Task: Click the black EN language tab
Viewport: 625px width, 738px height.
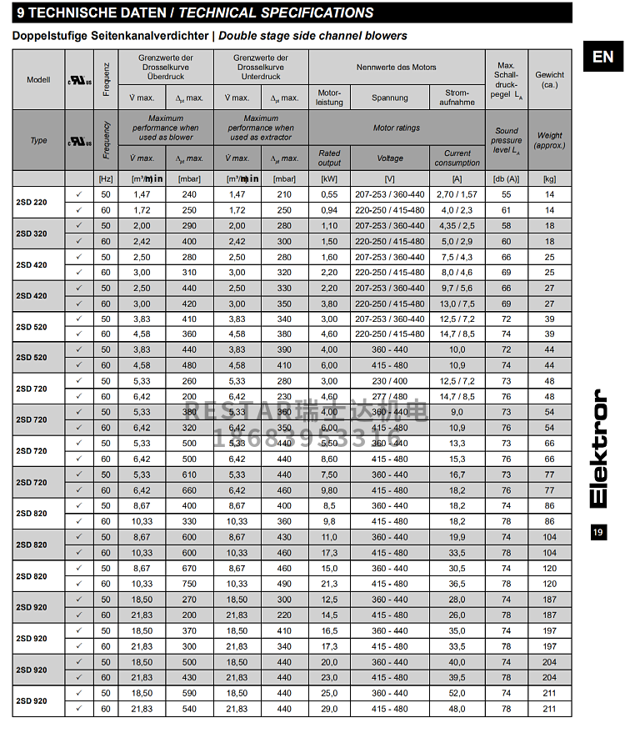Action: coord(602,57)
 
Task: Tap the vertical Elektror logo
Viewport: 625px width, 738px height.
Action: coord(602,448)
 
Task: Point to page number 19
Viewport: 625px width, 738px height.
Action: coord(597,532)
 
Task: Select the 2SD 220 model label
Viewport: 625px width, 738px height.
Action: coord(32,202)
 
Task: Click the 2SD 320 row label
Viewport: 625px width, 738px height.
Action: coord(32,233)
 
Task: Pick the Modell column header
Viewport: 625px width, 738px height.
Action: coord(38,79)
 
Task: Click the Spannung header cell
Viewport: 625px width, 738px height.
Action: coord(389,98)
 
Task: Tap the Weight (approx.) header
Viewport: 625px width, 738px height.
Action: coord(549,140)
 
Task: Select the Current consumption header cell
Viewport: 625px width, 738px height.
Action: coord(457,158)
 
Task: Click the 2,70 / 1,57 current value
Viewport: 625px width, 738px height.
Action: coord(457,194)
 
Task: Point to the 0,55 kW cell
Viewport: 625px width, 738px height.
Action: coord(329,194)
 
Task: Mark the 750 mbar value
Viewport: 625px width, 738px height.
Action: coord(189,584)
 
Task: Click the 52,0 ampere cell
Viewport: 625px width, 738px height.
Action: coord(457,693)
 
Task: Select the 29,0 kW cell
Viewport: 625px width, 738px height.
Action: coord(329,709)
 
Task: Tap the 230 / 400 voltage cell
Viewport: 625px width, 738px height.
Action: coord(389,381)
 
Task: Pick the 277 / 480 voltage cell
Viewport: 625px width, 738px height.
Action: coord(389,397)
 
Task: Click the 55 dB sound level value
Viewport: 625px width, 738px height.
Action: coord(506,194)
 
